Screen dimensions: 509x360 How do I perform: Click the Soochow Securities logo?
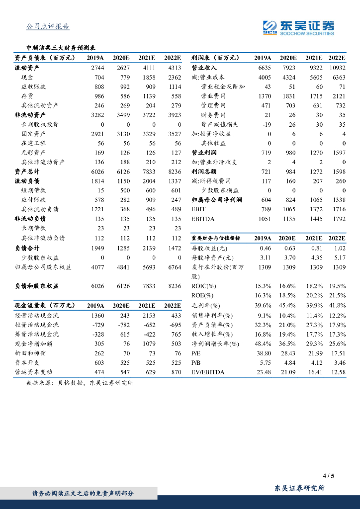point(298,28)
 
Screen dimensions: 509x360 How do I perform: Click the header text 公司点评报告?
point(48,27)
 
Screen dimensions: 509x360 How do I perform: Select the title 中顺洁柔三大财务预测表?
point(61,48)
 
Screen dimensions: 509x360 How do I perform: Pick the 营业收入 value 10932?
point(337,68)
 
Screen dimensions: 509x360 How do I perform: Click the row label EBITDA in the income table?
point(202,219)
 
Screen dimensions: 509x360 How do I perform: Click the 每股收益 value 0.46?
point(265,248)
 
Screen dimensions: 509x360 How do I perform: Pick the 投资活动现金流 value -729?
point(97,325)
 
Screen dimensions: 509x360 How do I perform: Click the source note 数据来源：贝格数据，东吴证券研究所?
point(80,383)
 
